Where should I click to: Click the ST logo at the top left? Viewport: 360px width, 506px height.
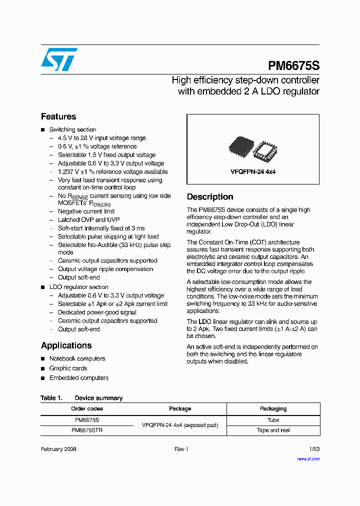(x=59, y=59)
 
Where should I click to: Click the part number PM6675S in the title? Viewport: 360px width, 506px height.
(x=293, y=66)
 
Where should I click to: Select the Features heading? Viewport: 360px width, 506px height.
(x=58, y=116)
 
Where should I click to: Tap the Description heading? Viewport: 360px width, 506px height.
(x=210, y=197)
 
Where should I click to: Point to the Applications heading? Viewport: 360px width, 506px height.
(x=66, y=345)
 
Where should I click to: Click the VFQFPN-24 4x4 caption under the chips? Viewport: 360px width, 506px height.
(x=253, y=171)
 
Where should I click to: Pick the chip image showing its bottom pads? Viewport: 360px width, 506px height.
(x=264, y=149)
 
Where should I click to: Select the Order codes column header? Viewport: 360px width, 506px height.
(x=87, y=409)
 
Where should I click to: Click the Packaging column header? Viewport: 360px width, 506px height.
(x=273, y=409)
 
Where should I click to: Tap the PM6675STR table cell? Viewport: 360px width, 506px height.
(x=87, y=430)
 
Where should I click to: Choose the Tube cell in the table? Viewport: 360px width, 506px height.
(x=273, y=420)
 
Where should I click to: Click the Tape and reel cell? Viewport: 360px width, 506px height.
(x=273, y=430)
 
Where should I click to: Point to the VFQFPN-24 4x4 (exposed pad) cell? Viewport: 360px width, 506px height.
(x=180, y=425)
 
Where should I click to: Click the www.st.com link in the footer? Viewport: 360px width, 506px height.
(x=308, y=458)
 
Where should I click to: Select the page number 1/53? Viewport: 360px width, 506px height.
(x=314, y=449)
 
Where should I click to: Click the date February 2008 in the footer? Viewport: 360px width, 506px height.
(x=58, y=449)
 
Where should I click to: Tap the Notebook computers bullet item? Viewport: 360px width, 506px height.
(x=77, y=358)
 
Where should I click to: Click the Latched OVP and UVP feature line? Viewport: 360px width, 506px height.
(x=88, y=219)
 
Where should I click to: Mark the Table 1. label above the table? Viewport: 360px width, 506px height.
(x=51, y=398)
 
